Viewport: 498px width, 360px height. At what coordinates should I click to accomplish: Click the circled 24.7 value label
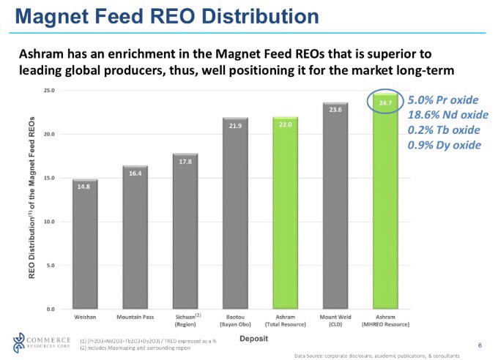[385, 103]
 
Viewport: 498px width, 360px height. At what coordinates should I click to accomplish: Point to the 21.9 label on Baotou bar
[235, 126]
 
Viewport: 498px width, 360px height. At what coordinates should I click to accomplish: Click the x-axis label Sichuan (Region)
[185, 320]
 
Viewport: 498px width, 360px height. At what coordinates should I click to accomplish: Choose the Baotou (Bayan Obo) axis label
[235, 320]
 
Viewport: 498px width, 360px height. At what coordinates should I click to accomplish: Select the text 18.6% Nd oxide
[443, 115]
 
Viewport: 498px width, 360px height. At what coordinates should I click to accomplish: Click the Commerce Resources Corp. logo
[37, 341]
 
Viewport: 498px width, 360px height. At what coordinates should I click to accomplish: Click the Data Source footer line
[376, 356]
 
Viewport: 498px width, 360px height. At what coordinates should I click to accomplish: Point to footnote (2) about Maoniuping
[135, 348]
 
